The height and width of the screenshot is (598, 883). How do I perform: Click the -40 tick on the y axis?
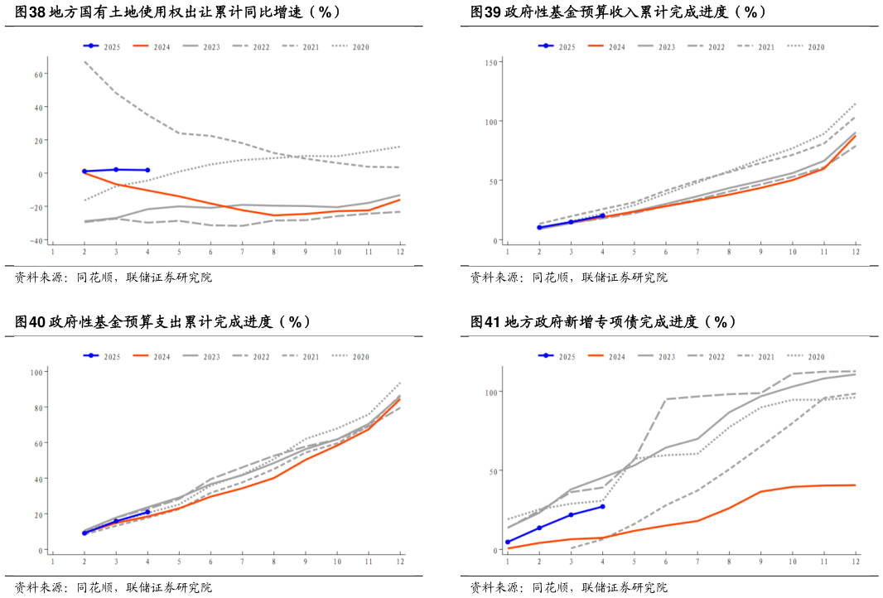[38, 240]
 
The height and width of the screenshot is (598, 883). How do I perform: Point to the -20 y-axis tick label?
[38, 207]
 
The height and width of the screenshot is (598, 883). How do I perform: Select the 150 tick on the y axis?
[491, 62]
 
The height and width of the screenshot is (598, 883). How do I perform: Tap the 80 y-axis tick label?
[36, 408]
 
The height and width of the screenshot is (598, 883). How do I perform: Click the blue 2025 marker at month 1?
[508, 542]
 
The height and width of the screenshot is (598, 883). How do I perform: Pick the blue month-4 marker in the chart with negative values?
[147, 170]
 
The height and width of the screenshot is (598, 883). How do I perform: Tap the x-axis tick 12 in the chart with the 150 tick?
[855, 252]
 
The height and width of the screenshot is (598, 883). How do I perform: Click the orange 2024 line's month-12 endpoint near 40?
[855, 485]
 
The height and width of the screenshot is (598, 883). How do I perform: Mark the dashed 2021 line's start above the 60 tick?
[84, 62]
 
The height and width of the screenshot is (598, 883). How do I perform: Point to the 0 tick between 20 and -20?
[41, 174]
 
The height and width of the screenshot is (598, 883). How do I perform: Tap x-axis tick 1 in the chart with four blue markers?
[508, 562]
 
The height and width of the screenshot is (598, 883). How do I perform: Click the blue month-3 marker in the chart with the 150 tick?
[571, 222]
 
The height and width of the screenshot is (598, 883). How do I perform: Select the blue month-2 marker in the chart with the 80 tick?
[84, 533]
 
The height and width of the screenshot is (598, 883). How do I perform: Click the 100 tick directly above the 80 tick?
[35, 372]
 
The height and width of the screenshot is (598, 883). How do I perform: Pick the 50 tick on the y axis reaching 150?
[493, 181]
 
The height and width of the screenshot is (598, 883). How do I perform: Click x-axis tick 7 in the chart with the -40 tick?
[242, 252]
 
